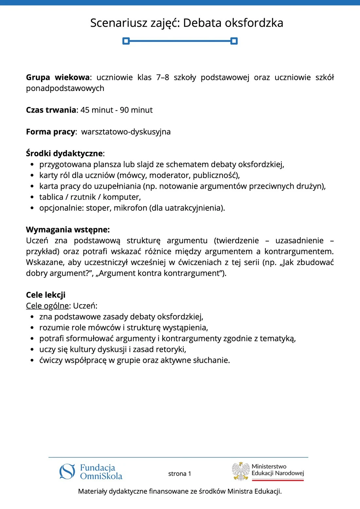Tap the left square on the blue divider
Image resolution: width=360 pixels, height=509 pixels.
click(x=126, y=41)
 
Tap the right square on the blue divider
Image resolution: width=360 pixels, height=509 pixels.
click(x=234, y=41)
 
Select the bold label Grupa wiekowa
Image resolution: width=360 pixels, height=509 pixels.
click(x=58, y=78)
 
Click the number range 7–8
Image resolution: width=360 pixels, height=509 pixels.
click(x=163, y=78)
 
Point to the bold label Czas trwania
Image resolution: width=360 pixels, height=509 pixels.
click(x=51, y=110)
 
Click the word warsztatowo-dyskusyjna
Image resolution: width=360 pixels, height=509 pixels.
click(x=126, y=132)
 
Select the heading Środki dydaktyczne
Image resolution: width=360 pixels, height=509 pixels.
click(x=64, y=153)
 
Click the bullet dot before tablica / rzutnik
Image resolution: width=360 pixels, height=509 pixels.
click(x=32, y=197)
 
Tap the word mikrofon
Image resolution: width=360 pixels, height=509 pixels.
click(x=130, y=208)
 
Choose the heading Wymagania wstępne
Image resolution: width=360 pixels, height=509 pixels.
click(x=68, y=230)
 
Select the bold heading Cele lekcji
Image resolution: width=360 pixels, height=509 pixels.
click(x=46, y=295)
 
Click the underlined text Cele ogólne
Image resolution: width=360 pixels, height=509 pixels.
click(x=47, y=306)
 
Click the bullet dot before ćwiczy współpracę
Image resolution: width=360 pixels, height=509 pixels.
click(x=32, y=360)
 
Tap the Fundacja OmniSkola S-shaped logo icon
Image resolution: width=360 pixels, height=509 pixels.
click(x=67, y=471)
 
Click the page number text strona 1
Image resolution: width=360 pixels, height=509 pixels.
click(x=180, y=474)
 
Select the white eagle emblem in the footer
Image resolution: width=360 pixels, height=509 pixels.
click(x=241, y=471)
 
